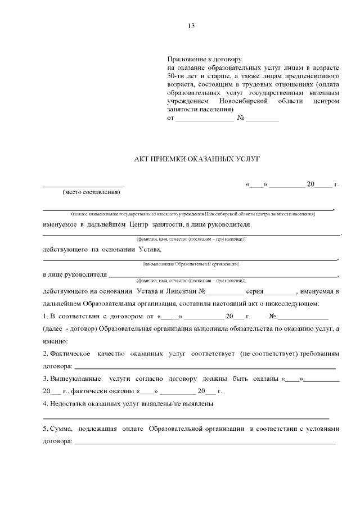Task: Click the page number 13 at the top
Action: point(191,26)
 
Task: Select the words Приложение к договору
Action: point(204,59)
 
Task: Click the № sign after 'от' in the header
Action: point(241,119)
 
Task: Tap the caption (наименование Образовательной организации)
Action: point(191,264)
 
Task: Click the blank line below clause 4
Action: point(186,418)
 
